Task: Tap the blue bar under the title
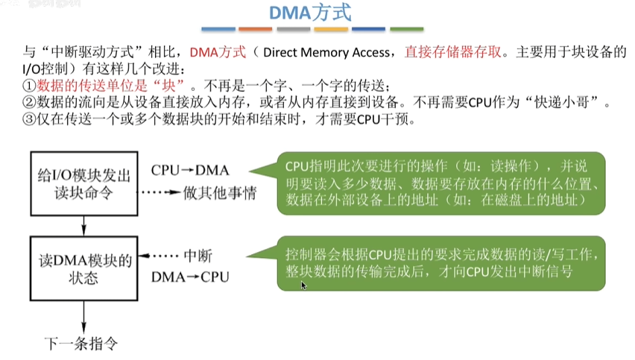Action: coord(219,30)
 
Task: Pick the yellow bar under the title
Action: coord(332,30)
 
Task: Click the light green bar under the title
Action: coord(407,30)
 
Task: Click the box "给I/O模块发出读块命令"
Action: coord(84,183)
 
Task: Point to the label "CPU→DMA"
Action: coord(189,170)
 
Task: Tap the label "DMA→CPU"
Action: coord(190,277)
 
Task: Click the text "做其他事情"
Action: coord(220,193)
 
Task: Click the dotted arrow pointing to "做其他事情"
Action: coord(162,193)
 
